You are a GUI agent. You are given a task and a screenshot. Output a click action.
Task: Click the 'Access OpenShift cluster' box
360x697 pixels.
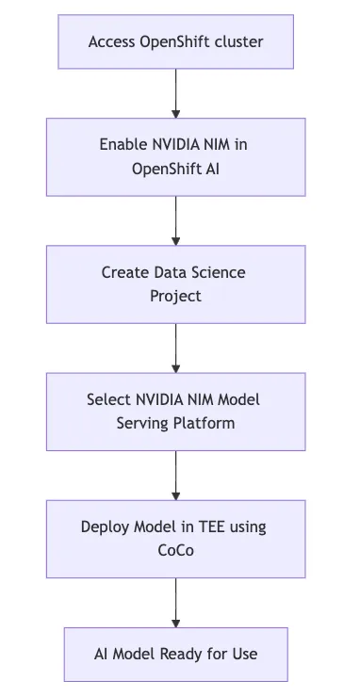coord(175,41)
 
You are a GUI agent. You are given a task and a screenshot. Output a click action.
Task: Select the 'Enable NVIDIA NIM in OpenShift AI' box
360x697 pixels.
coord(175,156)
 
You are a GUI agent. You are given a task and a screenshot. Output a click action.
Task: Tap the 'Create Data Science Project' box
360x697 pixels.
coord(175,284)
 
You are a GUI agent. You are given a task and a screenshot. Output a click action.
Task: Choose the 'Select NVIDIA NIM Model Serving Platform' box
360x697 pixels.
coord(175,411)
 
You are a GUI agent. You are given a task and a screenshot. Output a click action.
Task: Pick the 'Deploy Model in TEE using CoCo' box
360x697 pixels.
coord(175,538)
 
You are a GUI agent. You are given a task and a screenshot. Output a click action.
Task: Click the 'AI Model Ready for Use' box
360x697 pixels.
coord(175,653)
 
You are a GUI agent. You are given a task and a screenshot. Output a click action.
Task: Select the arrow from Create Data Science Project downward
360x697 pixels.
coord(175,348)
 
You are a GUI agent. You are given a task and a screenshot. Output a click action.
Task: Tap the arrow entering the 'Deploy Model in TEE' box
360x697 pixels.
coord(175,475)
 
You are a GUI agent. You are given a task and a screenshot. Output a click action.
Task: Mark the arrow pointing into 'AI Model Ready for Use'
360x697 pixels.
coord(175,602)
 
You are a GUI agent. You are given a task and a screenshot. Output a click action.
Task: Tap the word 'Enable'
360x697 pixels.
coord(123,144)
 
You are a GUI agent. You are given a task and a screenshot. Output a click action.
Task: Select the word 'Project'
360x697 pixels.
coord(175,296)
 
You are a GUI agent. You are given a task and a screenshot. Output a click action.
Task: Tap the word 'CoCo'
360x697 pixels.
coord(175,550)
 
